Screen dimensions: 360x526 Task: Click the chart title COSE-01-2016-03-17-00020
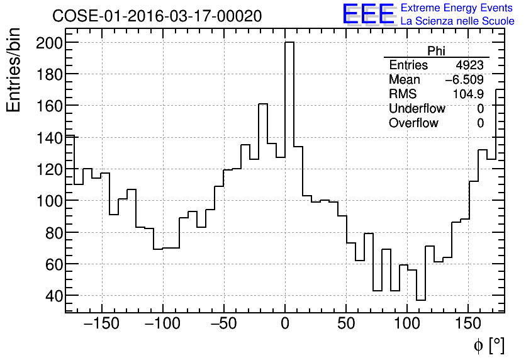157,16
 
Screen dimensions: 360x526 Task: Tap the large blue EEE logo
367,14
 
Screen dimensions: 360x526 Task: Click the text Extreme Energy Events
457,8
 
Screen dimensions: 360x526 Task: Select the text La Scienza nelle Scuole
457,21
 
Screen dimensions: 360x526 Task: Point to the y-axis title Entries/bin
14,70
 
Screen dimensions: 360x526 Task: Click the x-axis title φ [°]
488,345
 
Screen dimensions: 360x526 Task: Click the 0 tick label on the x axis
285,324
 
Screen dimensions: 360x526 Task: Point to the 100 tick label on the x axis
407,324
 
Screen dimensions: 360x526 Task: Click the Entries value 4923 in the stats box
469,65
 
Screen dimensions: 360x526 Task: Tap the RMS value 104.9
469,94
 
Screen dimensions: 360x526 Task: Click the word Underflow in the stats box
417,109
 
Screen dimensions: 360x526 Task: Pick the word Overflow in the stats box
413,123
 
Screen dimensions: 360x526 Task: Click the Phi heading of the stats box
436,51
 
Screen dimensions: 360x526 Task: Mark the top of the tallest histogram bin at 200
289,43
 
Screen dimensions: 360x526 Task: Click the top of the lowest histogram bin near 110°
421,300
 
